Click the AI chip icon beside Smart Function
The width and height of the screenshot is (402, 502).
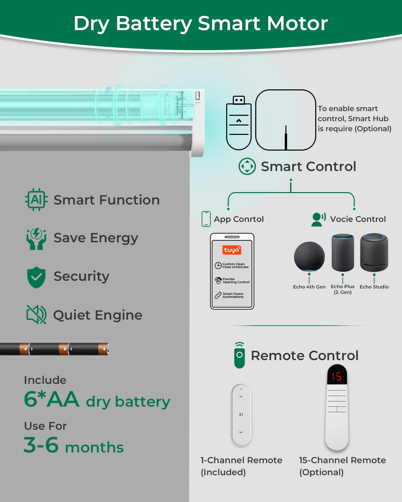click(36, 199)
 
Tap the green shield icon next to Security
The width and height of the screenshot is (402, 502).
click(36, 277)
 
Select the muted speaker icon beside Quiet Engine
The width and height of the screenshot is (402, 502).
click(37, 315)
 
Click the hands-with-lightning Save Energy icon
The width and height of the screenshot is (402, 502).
click(36, 239)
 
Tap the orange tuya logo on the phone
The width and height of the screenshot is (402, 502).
click(231, 250)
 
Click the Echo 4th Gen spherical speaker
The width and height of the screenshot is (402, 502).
click(309, 256)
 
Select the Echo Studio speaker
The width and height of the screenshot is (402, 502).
click(374, 252)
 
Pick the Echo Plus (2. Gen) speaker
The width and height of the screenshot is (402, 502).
click(343, 253)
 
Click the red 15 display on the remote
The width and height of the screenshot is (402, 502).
click(337, 376)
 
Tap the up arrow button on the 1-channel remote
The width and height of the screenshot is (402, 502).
click(241, 397)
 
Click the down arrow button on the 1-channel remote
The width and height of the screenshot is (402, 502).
click(241, 432)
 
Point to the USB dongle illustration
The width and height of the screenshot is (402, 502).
click(239, 123)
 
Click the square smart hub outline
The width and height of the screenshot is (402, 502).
click(285, 120)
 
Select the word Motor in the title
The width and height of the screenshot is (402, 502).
click(297, 23)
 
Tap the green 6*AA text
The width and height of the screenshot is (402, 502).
click(52, 399)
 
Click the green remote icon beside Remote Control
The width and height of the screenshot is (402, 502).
click(240, 355)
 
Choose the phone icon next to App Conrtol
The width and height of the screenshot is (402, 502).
click(206, 219)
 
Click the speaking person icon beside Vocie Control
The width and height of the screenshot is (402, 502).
click(318, 220)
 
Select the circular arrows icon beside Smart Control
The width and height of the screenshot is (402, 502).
click(247, 166)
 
